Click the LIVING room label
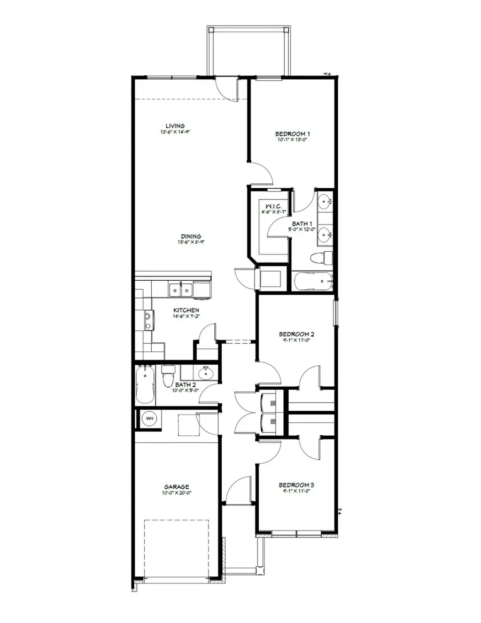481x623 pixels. click(175, 126)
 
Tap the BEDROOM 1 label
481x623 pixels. click(292, 134)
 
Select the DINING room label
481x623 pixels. click(190, 236)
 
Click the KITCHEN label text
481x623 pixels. click(187, 310)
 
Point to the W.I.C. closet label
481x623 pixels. click(267, 206)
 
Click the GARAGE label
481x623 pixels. click(176, 487)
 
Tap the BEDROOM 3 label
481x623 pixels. click(296, 486)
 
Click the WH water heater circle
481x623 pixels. click(150, 418)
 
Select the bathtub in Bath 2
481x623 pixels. click(145, 384)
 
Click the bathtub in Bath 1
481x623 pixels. click(312, 280)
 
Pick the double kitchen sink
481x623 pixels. click(181, 290)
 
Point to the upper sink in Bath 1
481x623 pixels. click(324, 202)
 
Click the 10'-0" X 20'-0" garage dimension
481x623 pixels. click(176, 493)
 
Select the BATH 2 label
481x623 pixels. click(185, 384)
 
